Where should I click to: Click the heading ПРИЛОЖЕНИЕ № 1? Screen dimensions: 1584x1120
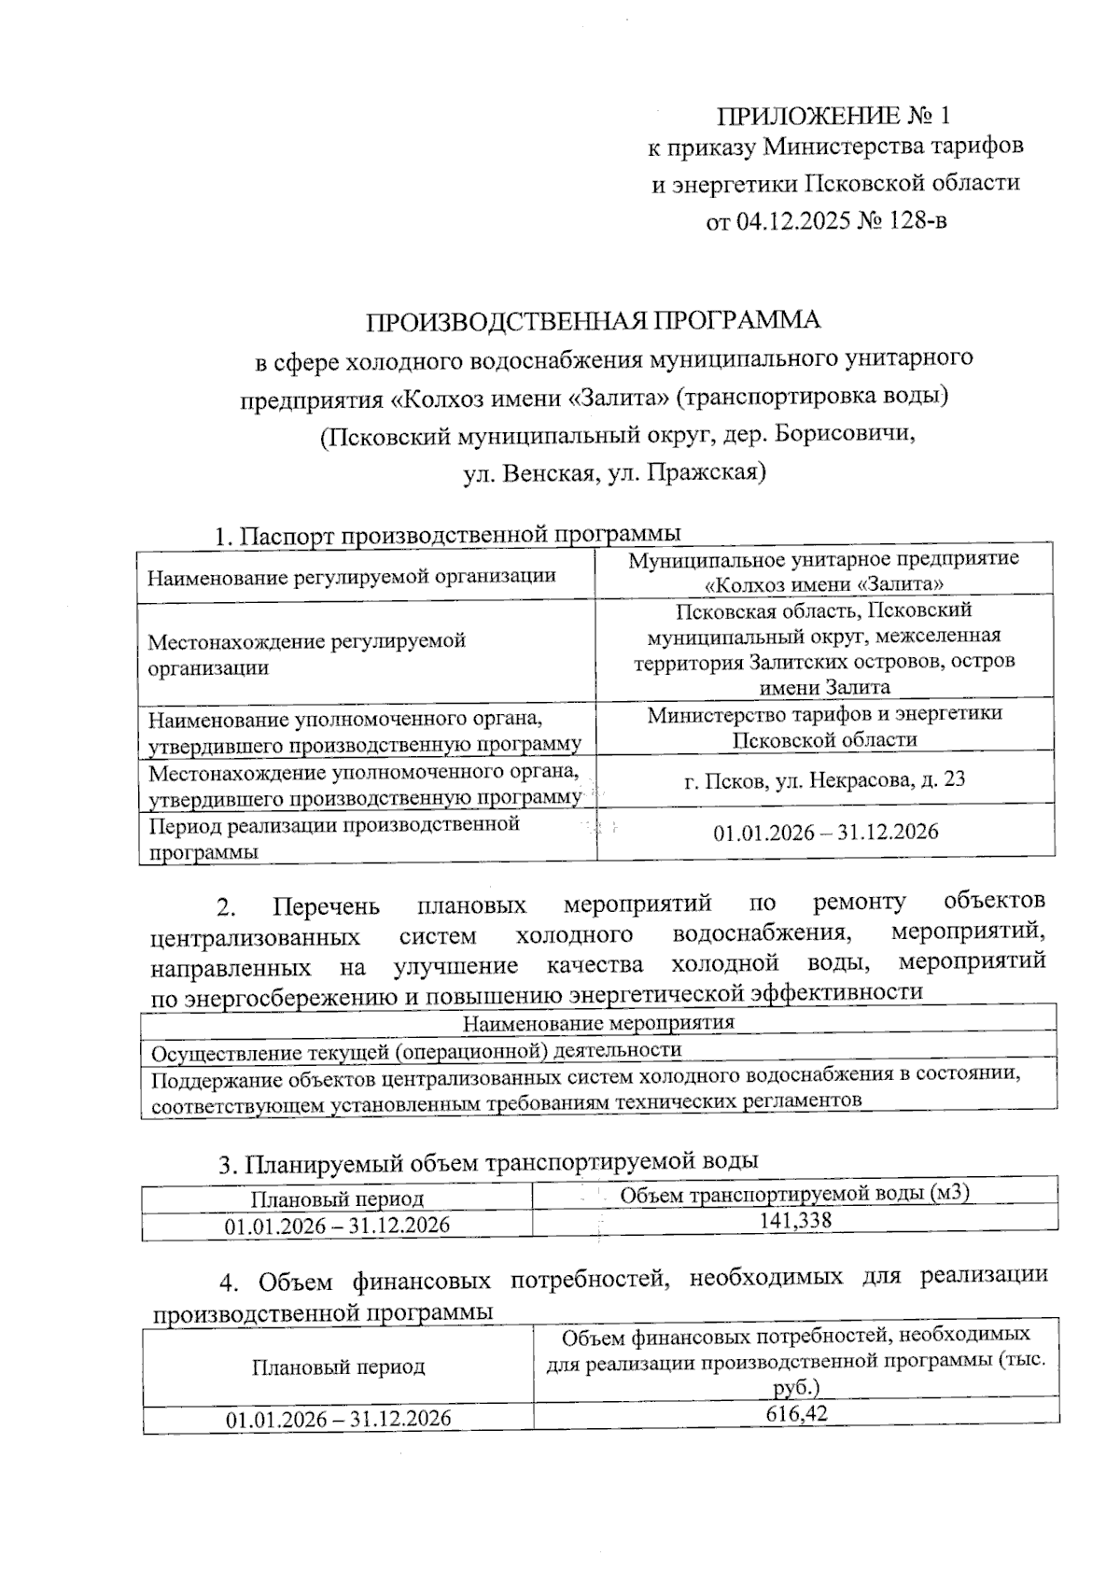pyautogui.click(x=833, y=116)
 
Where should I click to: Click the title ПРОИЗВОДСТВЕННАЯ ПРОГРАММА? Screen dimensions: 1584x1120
pyautogui.click(x=593, y=321)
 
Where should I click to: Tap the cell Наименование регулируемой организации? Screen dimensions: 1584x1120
pyautogui.click(x=351, y=576)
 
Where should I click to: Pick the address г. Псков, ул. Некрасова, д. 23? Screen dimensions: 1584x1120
pyautogui.click(x=824, y=779)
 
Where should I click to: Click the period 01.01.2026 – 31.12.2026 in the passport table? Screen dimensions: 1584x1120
pyautogui.click(x=825, y=832)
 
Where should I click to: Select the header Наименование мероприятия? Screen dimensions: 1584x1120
pyautogui.click(x=598, y=1022)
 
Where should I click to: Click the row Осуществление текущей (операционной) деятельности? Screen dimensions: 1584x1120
pyautogui.click(x=416, y=1050)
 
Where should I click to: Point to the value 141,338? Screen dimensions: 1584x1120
pyautogui.click(x=795, y=1221)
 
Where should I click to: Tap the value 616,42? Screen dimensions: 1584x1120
pyautogui.click(x=796, y=1414)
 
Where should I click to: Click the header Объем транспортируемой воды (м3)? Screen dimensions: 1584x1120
pyautogui.click(x=795, y=1194)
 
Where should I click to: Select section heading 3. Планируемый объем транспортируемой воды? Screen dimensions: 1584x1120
pyautogui.click(x=488, y=1162)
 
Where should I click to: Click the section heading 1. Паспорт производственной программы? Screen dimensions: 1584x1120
pyautogui.click(x=447, y=536)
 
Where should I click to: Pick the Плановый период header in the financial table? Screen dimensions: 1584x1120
pyautogui.click(x=338, y=1367)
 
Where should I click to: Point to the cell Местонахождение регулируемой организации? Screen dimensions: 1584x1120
pyautogui.click(x=307, y=654)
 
